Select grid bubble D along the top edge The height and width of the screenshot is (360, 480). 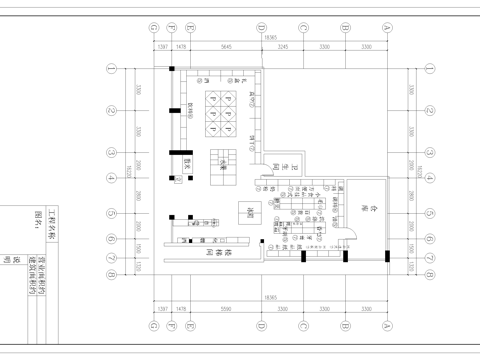(x=260, y=30)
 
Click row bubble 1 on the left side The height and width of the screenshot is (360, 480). (x=113, y=69)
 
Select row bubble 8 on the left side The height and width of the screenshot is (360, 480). (x=113, y=270)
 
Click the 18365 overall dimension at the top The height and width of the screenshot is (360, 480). (x=269, y=38)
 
